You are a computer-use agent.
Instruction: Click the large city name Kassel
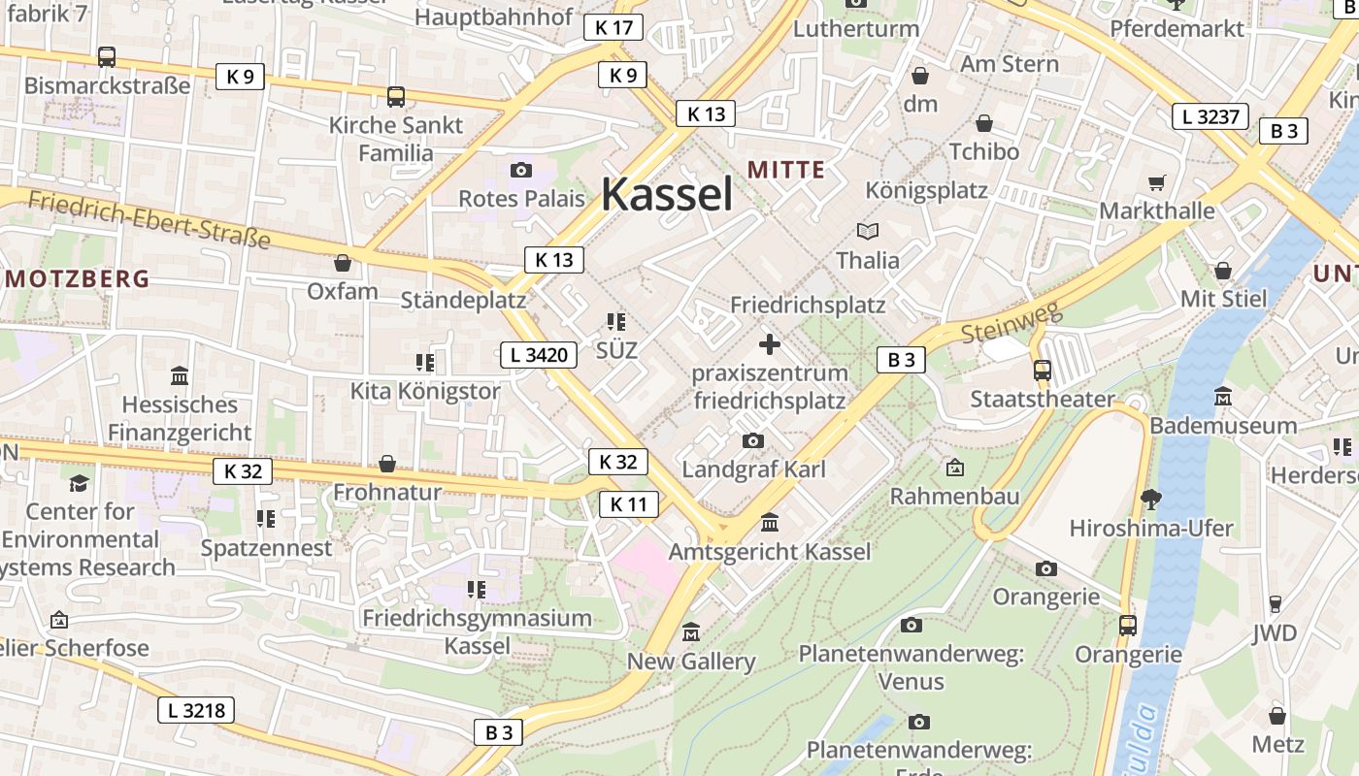[x=667, y=194]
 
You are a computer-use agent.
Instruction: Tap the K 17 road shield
[x=614, y=27]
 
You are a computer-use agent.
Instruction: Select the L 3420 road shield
[x=539, y=355]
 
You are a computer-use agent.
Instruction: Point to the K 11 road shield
[x=628, y=504]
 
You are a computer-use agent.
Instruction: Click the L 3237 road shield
[x=1210, y=117]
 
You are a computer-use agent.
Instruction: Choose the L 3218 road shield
[x=196, y=710]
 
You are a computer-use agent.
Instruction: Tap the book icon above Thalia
[x=867, y=231]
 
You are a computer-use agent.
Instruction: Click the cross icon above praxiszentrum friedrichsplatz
[x=770, y=344]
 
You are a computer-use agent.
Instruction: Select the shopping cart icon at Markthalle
[x=1156, y=182]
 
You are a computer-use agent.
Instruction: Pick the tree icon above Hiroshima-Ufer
[x=1151, y=500]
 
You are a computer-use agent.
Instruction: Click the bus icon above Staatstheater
[x=1042, y=370]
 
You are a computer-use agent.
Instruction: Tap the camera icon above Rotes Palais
[x=521, y=171]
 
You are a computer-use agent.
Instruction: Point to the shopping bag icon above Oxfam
[x=342, y=263]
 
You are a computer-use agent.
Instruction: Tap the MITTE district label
[x=786, y=171]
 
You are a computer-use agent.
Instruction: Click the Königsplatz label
[x=926, y=190]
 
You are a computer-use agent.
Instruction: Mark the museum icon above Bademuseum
[x=1223, y=397]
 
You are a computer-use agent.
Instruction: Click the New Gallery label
[x=691, y=662]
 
